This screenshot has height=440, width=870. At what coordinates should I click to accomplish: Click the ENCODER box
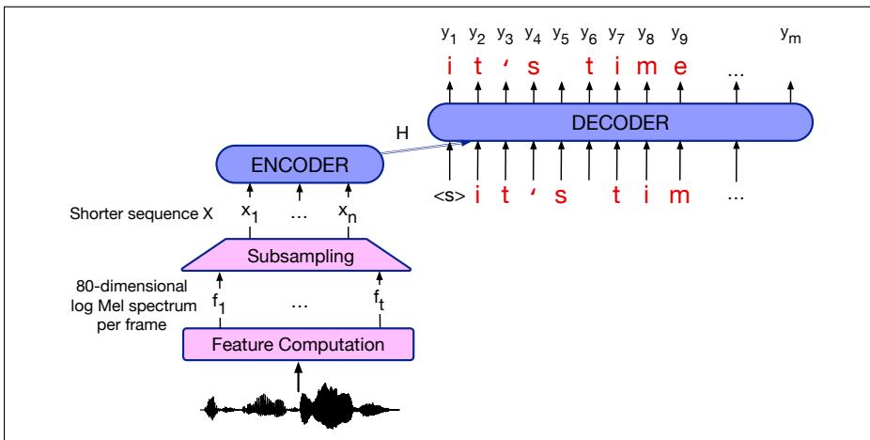pos(300,165)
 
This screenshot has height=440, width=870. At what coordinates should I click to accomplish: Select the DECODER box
pos(620,122)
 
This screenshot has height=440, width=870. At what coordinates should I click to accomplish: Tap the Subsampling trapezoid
pos(296,255)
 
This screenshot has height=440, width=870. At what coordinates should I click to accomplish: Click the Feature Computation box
pos(299,344)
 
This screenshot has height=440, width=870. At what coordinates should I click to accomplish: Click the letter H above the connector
pos(402,133)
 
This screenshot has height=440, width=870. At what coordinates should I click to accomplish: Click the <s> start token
pos(450,196)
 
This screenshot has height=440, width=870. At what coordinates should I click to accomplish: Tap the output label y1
pos(448,35)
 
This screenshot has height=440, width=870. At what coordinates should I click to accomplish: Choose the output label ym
pos(791,35)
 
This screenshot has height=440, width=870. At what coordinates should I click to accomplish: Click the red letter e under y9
pos(680,68)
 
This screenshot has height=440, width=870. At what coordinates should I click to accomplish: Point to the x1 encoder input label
pos(250,214)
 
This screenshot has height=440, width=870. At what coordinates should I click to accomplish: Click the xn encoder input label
pos(348,214)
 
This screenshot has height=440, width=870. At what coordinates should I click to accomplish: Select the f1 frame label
pos(220,304)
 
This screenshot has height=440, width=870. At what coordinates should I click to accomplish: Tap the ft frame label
pos(380,304)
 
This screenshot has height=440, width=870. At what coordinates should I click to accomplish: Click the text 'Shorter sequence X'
pos(142,214)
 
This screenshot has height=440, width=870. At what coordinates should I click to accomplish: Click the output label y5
pos(560,35)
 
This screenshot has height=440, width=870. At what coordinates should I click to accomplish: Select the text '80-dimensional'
pos(132,287)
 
